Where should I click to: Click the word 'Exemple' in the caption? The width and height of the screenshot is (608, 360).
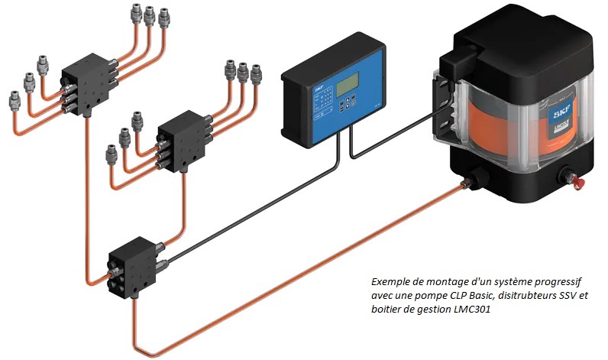pos(390,281)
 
